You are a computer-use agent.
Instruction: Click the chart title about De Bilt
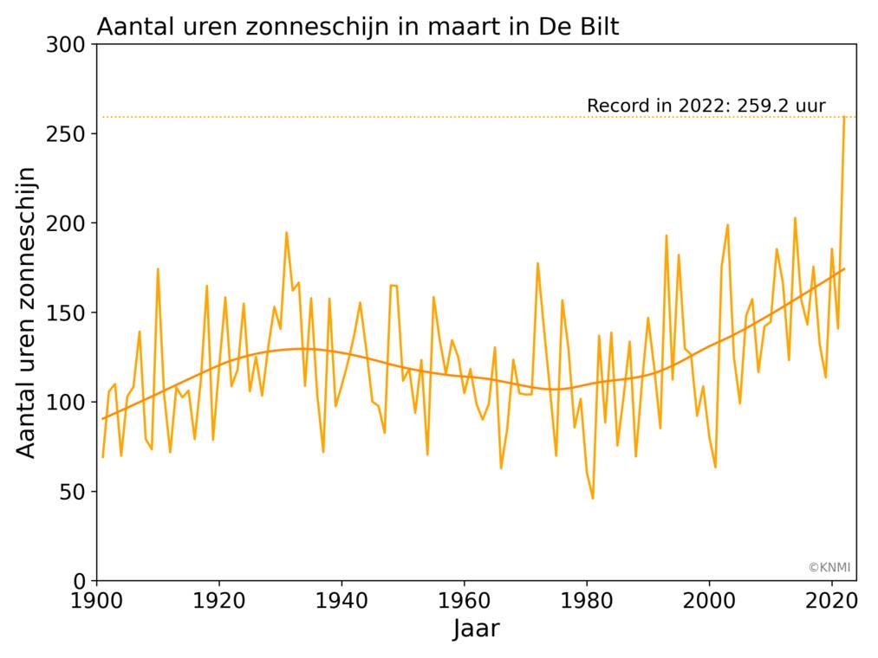[x=357, y=27]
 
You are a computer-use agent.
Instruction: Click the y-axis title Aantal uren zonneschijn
[x=28, y=312]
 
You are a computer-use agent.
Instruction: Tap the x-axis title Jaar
[x=476, y=629]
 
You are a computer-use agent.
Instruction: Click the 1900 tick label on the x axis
[x=96, y=599]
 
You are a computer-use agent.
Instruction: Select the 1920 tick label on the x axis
[x=218, y=599]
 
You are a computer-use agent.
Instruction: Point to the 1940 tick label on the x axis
[x=341, y=599]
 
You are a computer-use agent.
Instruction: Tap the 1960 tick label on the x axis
[x=464, y=599]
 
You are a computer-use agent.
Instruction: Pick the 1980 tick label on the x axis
[x=587, y=599]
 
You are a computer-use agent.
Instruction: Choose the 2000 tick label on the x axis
[x=709, y=599]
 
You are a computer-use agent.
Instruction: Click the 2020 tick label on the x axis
[x=832, y=599]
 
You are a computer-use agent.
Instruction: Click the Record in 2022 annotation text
[x=706, y=106]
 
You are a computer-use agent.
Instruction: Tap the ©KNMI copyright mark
[x=829, y=568]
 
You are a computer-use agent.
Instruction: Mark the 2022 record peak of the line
[x=844, y=118]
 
